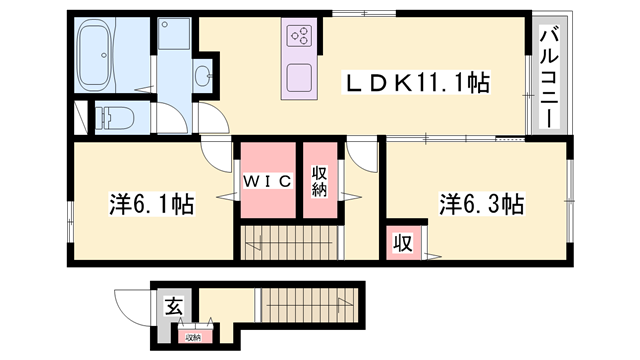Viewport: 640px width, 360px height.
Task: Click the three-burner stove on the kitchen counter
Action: [x=299, y=38]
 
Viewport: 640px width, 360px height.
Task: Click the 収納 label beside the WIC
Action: [x=319, y=181]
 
